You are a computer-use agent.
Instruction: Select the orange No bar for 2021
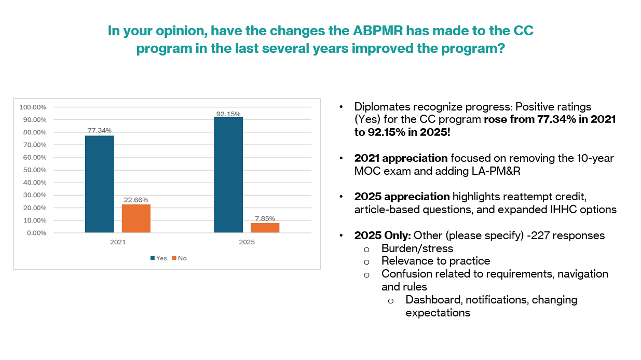136,218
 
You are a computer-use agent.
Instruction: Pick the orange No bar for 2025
265,228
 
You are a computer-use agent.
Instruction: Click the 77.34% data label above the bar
99,130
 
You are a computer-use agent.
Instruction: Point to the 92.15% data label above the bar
228,114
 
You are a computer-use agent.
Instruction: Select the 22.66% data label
136,199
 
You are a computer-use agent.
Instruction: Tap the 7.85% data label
265,218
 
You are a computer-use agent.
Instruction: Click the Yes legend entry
158,258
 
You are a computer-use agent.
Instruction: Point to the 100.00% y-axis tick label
33,107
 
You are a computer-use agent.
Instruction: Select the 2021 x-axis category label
117,242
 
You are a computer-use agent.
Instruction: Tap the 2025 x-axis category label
247,242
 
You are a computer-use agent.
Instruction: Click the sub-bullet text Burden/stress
417,248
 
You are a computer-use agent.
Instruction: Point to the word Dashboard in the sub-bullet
432,300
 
